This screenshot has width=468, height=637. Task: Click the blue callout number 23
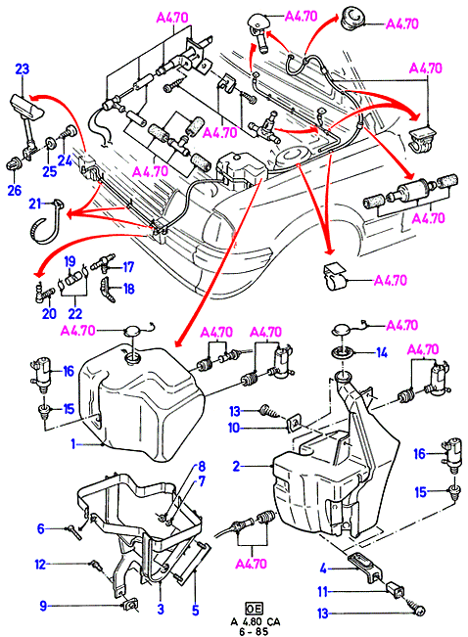(23, 68)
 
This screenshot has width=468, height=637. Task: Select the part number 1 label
(73, 444)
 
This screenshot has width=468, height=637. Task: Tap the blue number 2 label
(237, 466)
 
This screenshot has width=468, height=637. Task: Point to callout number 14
(382, 352)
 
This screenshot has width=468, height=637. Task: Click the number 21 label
(35, 204)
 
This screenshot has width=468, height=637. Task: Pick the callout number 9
(43, 607)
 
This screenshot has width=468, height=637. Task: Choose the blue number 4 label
(323, 569)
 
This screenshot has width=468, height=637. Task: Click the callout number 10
(234, 428)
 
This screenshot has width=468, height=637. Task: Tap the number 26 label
(15, 190)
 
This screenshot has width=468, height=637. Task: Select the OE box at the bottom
(255, 608)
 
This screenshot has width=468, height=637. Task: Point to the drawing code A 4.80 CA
(256, 621)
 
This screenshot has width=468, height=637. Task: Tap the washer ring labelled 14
(343, 352)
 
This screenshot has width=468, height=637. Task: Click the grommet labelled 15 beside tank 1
(42, 412)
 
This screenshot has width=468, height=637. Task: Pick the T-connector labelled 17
(102, 263)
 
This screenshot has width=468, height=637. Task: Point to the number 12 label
(40, 565)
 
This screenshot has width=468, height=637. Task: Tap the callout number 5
(196, 610)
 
